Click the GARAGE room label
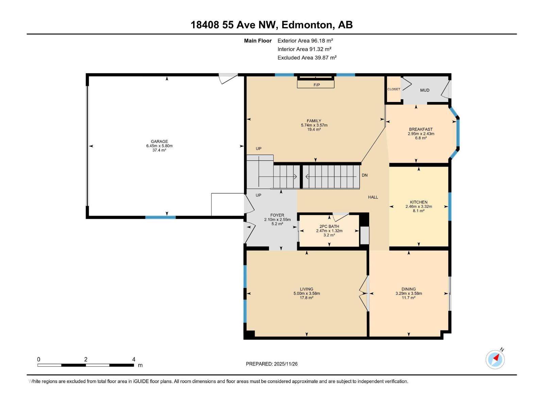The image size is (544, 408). pos(159,141)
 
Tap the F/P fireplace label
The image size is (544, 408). pos(317,85)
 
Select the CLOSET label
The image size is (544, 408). pos(394,89)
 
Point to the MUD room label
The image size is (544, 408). pos(425,90)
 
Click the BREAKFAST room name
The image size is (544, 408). pos(421,129)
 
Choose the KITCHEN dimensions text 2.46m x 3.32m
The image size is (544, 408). pos(419,206)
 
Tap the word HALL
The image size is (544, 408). pos(373,197)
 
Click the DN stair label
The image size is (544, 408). pos(364,175)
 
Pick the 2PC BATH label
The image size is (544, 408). pos(329,226)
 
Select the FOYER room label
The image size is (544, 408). pos(277,215)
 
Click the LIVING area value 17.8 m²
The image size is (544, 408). pos(307,297)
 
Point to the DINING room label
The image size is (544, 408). pos(409,289)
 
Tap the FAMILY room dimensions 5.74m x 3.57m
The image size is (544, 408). pos(314,125)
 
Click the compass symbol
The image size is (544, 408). pos(495,359)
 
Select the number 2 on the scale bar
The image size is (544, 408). pos(86,359)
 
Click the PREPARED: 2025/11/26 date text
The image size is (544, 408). pos(272,364)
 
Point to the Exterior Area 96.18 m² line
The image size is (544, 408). pos(305,40)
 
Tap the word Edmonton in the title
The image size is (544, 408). pos(307,25)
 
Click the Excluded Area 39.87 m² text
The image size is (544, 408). pos(307,58)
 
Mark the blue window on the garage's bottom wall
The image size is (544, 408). pos(160,218)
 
